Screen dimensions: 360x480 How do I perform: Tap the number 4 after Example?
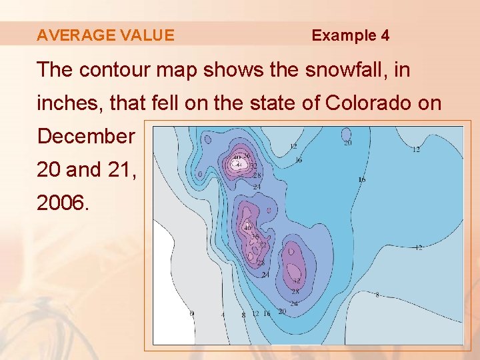click(385, 35)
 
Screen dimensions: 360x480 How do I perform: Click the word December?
click(86, 136)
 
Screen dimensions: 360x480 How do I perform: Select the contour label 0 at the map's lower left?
click(192, 313)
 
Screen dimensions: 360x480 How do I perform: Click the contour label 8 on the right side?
click(377, 295)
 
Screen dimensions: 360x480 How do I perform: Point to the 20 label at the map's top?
click(347, 142)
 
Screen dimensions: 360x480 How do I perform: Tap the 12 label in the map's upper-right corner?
click(416, 149)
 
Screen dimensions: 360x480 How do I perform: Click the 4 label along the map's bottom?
click(223, 315)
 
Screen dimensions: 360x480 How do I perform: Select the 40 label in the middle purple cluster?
click(247, 228)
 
